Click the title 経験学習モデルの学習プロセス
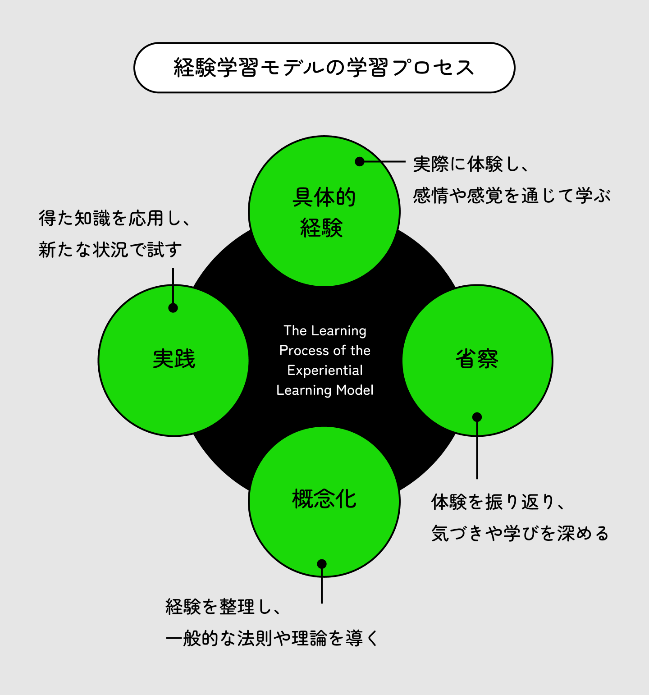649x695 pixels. point(324,68)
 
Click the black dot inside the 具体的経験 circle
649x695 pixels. point(360,161)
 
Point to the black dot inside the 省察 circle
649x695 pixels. point(477,417)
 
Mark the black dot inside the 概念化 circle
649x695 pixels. point(322,564)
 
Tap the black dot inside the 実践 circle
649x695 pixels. point(173,308)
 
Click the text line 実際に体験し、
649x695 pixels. point(471,164)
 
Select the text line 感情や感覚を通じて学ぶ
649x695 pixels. point(512,196)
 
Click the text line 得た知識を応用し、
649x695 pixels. point(114,218)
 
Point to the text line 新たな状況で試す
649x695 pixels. point(110,249)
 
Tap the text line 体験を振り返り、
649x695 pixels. point(498,502)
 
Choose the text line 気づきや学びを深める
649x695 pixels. point(520,533)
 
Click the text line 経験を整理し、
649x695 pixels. point(223,607)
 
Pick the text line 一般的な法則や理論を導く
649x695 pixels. point(272,638)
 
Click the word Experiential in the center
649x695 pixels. point(325,370)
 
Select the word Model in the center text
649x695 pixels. point(355,390)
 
